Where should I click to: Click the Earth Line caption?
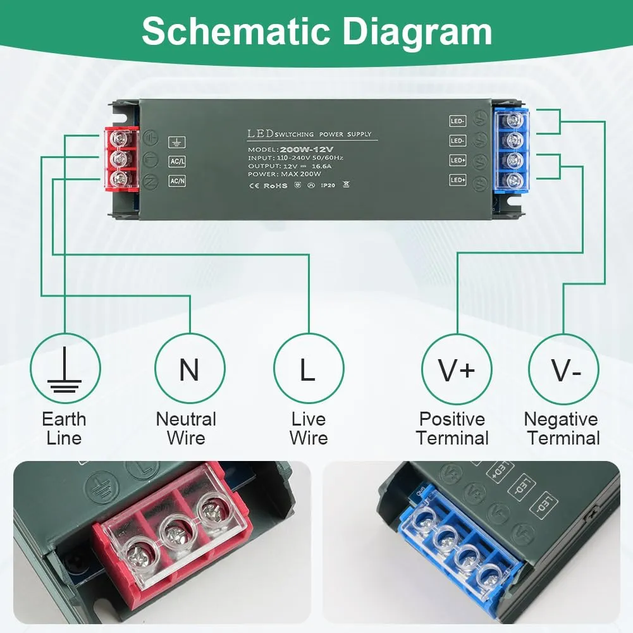64,428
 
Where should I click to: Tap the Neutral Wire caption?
186,428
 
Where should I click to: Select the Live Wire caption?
309,428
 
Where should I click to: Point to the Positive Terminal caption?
453,428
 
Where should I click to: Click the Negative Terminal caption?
562,428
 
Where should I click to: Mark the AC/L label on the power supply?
177,161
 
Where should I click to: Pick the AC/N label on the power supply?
177,181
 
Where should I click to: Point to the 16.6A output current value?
309,166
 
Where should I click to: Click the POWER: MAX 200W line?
285,175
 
